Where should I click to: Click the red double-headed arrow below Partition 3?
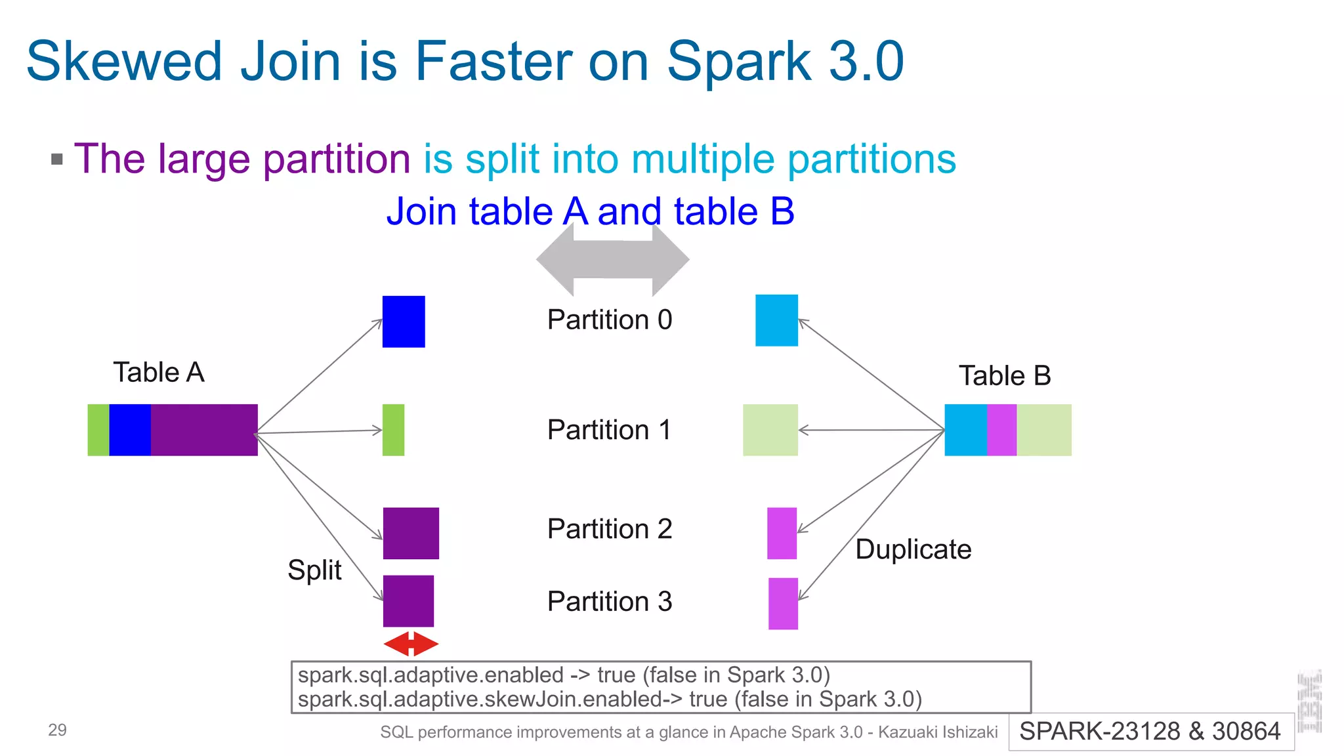411,644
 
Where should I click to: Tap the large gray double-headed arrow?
612,259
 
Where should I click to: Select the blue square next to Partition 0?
404,322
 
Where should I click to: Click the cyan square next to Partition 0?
776,320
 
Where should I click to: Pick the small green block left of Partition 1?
393,430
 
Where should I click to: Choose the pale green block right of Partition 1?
770,430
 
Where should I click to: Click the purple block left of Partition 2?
411,533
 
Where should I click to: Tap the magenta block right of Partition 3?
783,603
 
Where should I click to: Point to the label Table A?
159,372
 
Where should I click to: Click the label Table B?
1005,376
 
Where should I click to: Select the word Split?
314,570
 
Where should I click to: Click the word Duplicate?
913,549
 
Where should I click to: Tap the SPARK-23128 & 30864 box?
1150,731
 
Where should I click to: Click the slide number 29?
57,730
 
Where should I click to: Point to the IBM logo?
1309,701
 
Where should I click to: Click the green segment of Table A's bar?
98,430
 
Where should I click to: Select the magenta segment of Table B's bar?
1001,430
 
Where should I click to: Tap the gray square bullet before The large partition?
57,159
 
